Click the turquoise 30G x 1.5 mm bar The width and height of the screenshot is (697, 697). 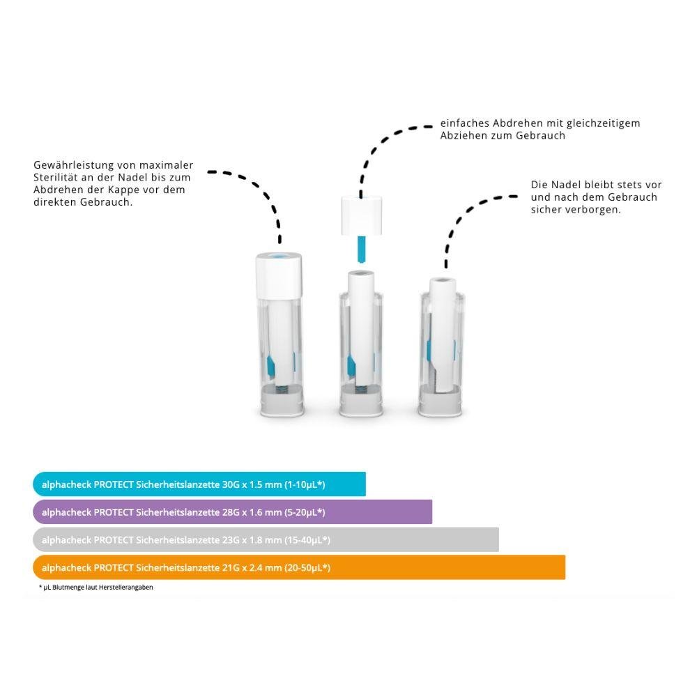pos(199,484)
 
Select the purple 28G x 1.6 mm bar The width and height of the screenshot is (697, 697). pos(233,512)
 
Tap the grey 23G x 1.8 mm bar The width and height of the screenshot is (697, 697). pos(266,539)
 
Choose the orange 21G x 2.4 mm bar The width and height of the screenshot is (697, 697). pos(299,567)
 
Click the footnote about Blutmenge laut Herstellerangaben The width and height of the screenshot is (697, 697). pos(96,587)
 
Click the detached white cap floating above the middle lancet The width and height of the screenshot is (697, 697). pos(361,216)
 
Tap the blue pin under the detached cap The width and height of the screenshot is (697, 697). pos(361,249)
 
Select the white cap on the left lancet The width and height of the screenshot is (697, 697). pos(279,275)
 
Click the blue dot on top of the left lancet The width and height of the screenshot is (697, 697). pos(279,256)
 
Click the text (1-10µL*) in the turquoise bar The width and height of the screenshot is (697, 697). pos(305,484)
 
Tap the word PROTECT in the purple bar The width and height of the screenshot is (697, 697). pos(114,512)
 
